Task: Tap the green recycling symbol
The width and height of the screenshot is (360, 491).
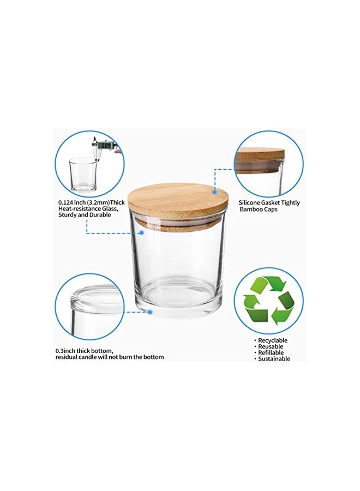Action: pos(268,301)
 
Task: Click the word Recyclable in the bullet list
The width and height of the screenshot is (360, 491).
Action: pos(273,340)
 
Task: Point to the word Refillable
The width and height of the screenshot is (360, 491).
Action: pos(271,352)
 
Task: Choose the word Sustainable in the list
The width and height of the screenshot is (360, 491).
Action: pos(274,358)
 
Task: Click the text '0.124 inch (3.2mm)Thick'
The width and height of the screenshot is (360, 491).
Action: pos(91,202)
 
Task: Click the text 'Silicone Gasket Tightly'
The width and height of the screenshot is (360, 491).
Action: pos(269,203)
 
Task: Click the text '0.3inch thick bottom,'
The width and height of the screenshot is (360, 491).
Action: pos(84,350)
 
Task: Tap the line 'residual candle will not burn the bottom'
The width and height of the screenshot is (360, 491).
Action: pos(109,357)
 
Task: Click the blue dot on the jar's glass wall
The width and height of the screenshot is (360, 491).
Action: pos(141,232)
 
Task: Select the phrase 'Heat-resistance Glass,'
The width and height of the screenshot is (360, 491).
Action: pos(87,209)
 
